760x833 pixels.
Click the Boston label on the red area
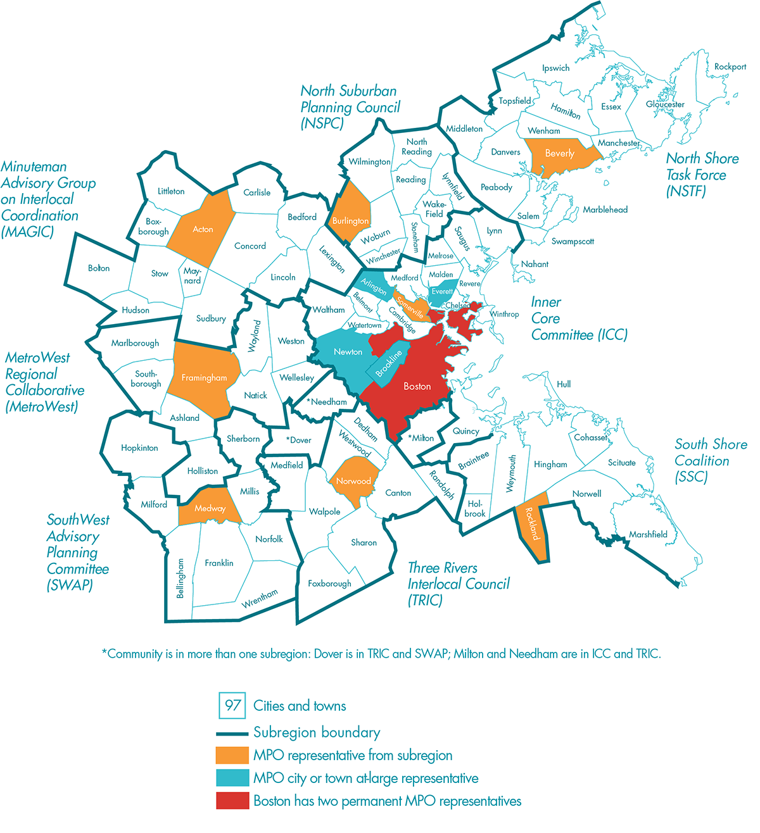[417, 386]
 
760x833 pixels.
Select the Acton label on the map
[203, 230]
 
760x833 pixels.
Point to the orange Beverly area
[560, 154]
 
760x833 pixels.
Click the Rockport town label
[730, 66]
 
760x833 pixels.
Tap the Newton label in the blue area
[348, 352]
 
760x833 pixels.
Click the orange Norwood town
[353, 482]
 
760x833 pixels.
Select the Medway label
[210, 508]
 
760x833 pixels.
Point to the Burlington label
[350, 221]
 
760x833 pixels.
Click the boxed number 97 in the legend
[232, 705]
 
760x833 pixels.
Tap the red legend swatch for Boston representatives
[232, 801]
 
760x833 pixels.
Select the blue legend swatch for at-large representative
[232, 778]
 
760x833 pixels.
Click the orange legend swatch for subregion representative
[232, 755]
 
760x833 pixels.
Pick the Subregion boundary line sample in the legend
[232, 734]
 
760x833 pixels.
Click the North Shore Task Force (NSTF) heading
[702, 175]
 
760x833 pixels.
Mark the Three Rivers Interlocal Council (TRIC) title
[458, 584]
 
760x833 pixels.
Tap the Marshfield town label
[648, 534]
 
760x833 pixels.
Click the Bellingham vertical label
[180, 578]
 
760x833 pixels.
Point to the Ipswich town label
[555, 68]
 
